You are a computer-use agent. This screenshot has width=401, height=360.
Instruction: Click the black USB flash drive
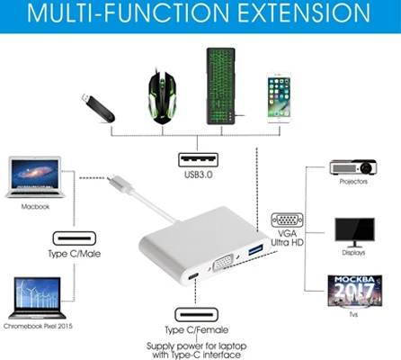pyautogui.click(x=98, y=108)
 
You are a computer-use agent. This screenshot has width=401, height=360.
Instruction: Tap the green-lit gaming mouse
pyautogui.click(x=162, y=97)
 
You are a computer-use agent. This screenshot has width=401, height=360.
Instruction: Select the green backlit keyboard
pyautogui.click(x=221, y=86)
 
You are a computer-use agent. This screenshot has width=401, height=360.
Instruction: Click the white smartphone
pyautogui.click(x=279, y=97)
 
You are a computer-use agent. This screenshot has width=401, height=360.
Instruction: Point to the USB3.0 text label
pyautogui.click(x=198, y=175)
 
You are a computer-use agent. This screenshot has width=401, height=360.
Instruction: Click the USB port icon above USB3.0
pyautogui.click(x=198, y=160)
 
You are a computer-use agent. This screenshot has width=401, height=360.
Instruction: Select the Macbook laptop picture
pyautogui.click(x=34, y=177)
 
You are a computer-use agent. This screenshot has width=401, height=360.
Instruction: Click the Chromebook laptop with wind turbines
pyautogui.click(x=37, y=298)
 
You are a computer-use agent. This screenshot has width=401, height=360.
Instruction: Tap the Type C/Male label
pyautogui.click(x=75, y=254)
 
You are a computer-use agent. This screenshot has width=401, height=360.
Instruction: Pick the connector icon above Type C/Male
pyautogui.click(x=75, y=238)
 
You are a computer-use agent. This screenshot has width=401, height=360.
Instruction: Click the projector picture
pyautogui.click(x=353, y=167)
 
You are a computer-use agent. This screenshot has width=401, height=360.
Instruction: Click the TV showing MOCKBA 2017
pyautogui.click(x=355, y=292)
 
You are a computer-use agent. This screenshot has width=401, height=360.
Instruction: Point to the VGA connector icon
pyautogui.click(x=287, y=220)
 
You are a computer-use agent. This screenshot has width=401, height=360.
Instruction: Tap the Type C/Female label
pyautogui.click(x=197, y=330)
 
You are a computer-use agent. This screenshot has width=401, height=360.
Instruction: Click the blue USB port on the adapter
pyautogui.click(x=255, y=249)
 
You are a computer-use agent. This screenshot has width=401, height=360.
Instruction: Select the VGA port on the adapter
pyautogui.click(x=223, y=262)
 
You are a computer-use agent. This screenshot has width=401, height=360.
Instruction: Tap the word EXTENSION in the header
pyautogui.click(x=304, y=13)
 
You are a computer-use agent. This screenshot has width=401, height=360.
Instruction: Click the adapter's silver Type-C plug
pyautogui.click(x=120, y=183)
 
